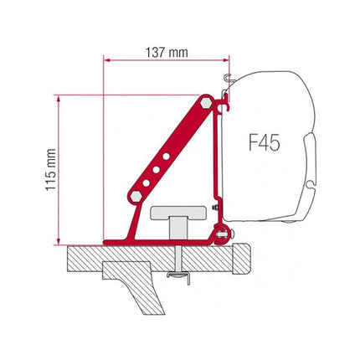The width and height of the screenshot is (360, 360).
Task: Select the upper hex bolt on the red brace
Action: pos(207,102)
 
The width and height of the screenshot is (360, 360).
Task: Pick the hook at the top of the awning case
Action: pos(225,81)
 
